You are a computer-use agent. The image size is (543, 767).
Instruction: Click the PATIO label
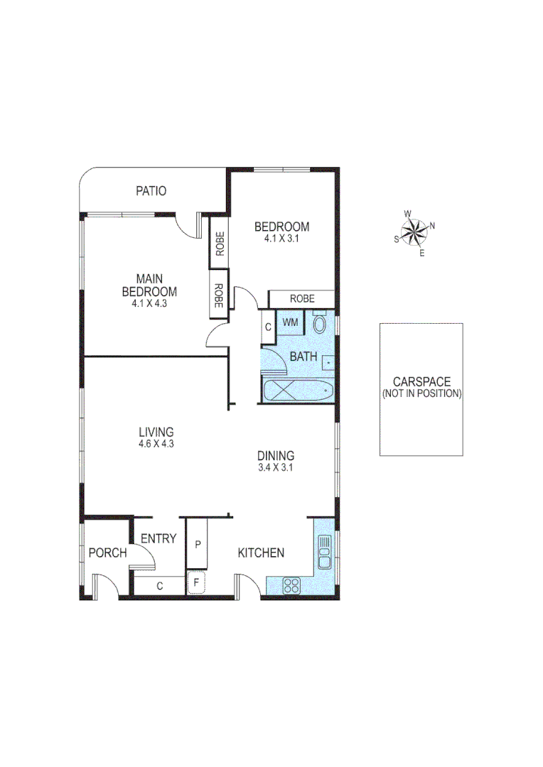(151, 191)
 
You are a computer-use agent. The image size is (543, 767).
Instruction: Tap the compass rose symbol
(413, 232)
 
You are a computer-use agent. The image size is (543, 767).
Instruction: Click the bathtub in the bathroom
(297, 391)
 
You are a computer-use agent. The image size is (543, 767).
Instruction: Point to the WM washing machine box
(290, 323)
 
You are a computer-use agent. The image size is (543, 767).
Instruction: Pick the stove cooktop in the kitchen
(291, 586)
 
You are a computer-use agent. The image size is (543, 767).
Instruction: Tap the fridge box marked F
(196, 582)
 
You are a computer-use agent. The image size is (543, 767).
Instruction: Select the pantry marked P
(197, 545)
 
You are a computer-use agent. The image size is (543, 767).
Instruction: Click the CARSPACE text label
(421, 382)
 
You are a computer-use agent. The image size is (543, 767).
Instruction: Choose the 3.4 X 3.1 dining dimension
(276, 468)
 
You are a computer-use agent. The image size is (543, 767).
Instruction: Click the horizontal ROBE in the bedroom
(301, 299)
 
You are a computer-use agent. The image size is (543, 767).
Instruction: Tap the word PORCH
(107, 553)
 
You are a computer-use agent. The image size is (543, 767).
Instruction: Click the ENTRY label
(158, 539)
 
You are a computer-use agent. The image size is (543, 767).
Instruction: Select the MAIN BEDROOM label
(149, 285)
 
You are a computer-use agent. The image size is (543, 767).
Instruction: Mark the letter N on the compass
(432, 227)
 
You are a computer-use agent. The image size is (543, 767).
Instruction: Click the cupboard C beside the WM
(267, 327)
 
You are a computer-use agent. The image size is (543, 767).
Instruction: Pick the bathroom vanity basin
(328, 361)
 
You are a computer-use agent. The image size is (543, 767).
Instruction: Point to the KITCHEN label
(261, 553)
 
